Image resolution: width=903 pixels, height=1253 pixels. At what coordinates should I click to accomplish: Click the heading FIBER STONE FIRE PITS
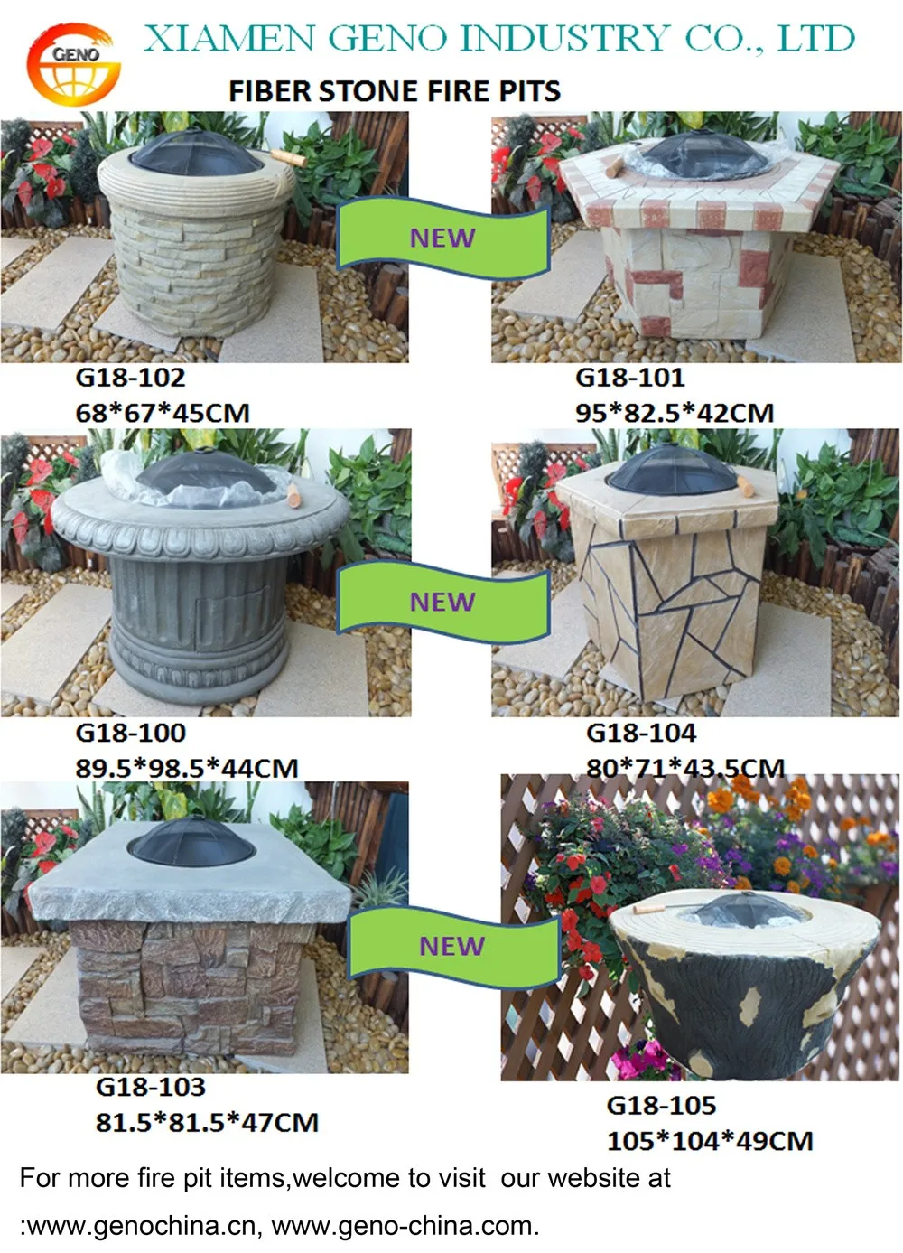[395, 91]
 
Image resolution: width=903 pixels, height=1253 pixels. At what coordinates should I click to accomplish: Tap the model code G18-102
[130, 378]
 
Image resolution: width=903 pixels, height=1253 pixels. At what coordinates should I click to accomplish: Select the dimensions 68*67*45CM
[163, 413]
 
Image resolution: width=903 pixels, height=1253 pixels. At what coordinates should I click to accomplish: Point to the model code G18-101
[630, 378]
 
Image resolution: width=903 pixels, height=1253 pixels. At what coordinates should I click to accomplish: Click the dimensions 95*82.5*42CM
[675, 413]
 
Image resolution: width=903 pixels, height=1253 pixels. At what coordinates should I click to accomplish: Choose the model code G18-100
[130, 733]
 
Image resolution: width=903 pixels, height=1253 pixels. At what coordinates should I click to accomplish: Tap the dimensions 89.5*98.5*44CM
[187, 768]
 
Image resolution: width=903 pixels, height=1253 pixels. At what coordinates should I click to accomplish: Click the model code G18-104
[641, 733]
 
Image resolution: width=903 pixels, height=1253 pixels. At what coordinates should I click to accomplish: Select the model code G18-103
[151, 1087]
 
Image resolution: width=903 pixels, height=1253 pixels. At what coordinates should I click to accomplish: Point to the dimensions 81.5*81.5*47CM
[207, 1123]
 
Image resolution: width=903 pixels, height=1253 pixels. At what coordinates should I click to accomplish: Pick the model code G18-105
[661, 1105]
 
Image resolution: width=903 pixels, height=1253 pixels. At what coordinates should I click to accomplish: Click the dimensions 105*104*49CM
[710, 1141]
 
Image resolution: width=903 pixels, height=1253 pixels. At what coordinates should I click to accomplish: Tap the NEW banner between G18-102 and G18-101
[442, 238]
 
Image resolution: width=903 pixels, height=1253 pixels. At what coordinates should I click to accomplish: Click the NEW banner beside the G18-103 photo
[452, 946]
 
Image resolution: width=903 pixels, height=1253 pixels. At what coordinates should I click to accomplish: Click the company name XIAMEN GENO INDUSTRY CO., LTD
[498, 39]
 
